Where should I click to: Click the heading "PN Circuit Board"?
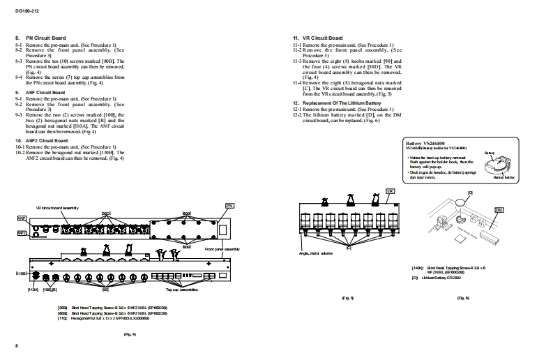46,38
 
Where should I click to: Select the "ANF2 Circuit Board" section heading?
49,140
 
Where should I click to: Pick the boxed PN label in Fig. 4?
229,206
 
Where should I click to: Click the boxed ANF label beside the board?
21,218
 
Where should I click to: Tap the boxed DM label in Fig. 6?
499,209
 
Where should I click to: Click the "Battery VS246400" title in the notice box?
429,143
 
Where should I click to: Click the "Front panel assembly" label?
222,249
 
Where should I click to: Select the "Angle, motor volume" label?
315,252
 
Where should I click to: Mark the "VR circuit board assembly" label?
57,208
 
